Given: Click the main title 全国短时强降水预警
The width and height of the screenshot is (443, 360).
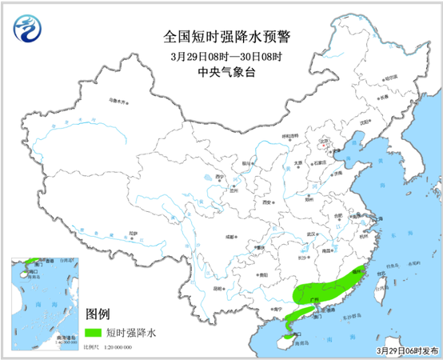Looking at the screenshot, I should click(x=221, y=37).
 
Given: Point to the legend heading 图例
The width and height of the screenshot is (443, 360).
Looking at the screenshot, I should click(x=98, y=313).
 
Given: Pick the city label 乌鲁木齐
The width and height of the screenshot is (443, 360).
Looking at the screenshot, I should click(x=117, y=101).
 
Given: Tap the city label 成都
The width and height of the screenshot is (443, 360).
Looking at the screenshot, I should click(x=231, y=238).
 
